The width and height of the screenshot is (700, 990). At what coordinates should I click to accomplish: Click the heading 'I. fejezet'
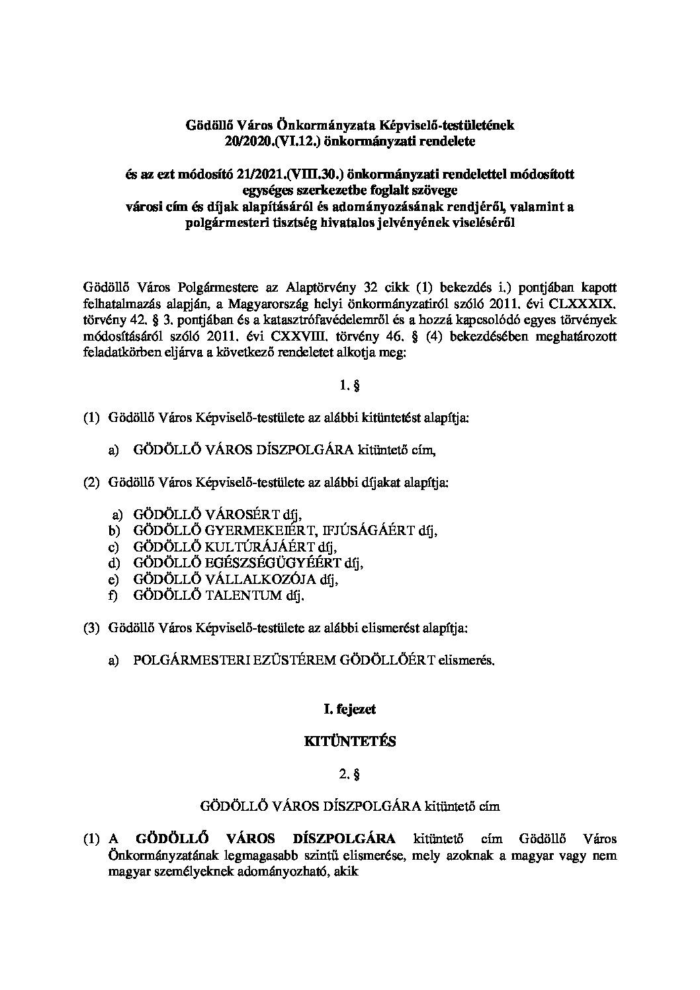click(349, 709)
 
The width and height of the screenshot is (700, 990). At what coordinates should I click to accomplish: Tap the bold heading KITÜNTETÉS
click(349, 741)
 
